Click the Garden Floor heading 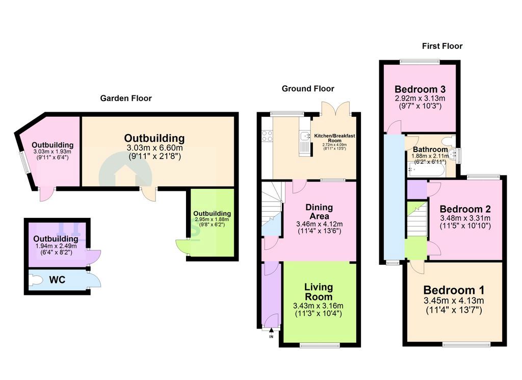(x=125, y=98)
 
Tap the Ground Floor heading (x=304, y=88)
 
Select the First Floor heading (x=442, y=46)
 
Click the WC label (x=57, y=280)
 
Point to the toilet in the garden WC (x=36, y=280)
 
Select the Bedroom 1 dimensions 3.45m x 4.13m (x=453, y=300)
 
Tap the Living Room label (x=319, y=292)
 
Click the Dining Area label (x=319, y=212)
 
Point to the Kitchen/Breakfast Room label (x=334, y=138)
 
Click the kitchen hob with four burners (x=267, y=136)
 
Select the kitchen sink (x=304, y=136)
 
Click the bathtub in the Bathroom (x=424, y=168)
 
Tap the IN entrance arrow (x=271, y=332)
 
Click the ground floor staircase (x=271, y=209)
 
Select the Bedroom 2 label (x=465, y=209)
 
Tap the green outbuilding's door (x=181, y=246)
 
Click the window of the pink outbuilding (x=24, y=162)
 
